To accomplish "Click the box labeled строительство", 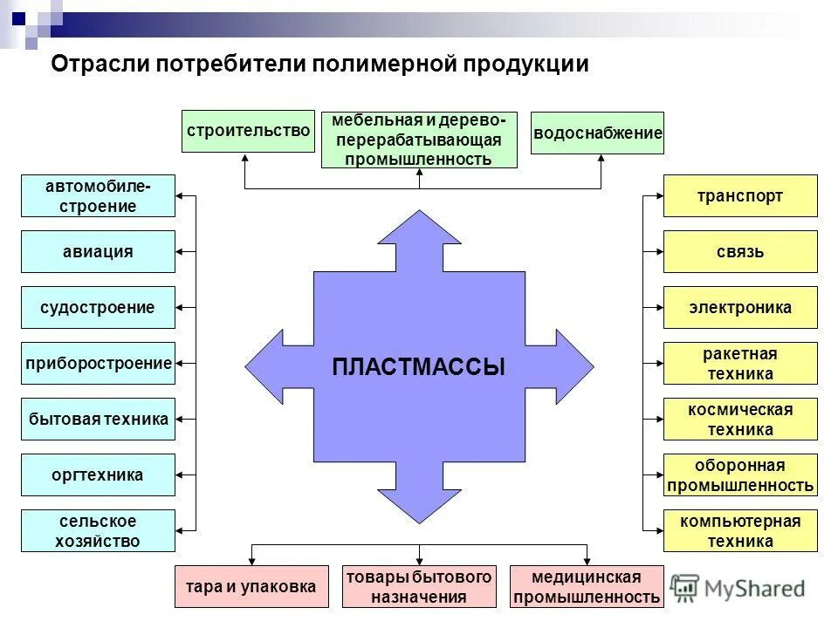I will point(248,132).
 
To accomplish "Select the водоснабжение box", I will point(597,133).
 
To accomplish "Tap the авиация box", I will point(98,252).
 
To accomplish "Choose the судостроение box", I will point(98,308).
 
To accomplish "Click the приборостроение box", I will point(98,364).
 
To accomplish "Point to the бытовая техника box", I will point(98,420).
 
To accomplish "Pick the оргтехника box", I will point(98,475).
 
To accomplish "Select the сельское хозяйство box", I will point(98,531).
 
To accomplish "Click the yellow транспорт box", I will point(740,196).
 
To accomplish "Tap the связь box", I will point(740,252).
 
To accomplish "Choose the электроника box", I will point(740,308).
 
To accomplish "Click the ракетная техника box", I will point(740,364).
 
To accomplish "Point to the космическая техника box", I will point(740,420).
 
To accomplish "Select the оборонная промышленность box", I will point(740,475).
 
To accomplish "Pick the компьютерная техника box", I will point(740,531).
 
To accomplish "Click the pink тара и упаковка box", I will point(251,587).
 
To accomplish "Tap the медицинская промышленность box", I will point(587,587).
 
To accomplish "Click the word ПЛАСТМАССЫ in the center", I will point(419,367).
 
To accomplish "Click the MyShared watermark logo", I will point(738,589).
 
